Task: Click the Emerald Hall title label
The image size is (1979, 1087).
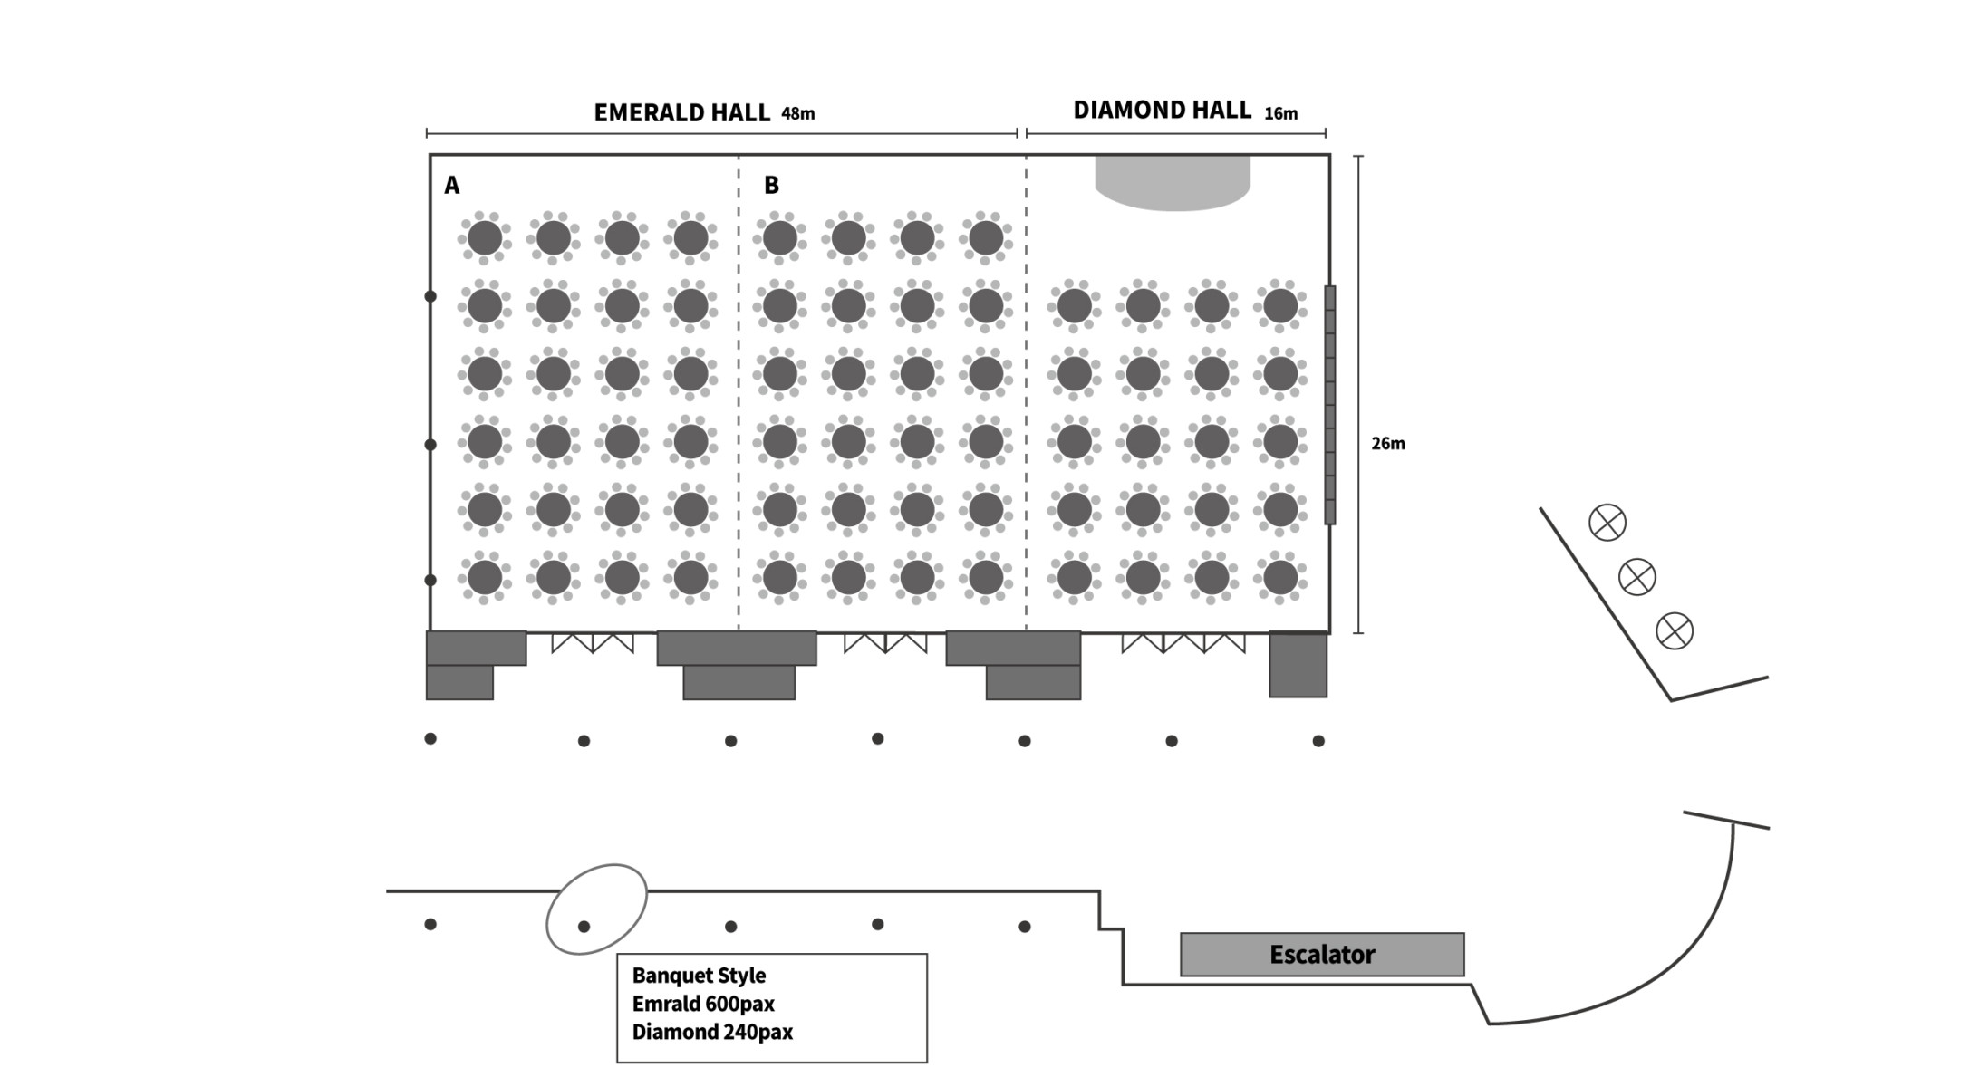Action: [681, 112]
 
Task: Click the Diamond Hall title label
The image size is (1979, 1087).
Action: [1162, 110]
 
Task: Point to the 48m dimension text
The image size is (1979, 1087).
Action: [797, 114]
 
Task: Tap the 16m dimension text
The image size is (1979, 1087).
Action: [1280, 114]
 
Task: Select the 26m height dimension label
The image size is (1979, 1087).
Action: [1387, 443]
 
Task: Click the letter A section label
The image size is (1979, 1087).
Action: [451, 186]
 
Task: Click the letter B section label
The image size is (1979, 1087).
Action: [771, 186]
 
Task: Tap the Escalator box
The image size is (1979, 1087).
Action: [1322, 955]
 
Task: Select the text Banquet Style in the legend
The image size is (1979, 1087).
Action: [699, 976]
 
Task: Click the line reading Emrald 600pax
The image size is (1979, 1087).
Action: [703, 1004]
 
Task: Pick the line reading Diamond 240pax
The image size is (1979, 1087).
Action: [712, 1032]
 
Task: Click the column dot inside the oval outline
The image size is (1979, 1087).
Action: [584, 927]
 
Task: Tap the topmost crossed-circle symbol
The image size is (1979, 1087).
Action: [1607, 523]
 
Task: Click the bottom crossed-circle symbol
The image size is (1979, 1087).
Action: [1675, 631]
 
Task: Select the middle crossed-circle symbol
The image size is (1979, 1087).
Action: [1637, 577]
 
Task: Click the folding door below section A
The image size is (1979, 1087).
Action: [593, 643]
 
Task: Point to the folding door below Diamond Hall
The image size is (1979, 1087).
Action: [1183, 643]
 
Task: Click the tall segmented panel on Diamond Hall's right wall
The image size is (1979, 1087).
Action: [1330, 405]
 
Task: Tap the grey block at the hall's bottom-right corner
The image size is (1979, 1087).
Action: [1298, 665]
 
